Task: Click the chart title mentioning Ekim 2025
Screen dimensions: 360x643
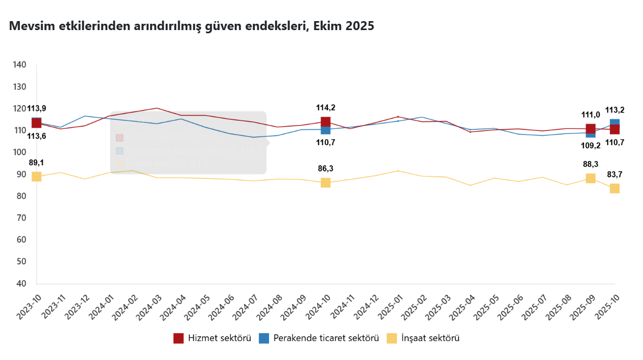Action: tap(191, 26)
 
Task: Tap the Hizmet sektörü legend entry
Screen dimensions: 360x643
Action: tap(212, 338)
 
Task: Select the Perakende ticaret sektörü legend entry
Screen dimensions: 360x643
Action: tap(319, 338)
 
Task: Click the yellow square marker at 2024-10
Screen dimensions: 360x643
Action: tap(325, 183)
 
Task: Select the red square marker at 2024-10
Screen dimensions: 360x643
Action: tap(325, 122)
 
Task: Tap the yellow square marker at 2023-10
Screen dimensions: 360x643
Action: tap(36, 176)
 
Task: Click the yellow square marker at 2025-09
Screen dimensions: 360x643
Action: tap(591, 178)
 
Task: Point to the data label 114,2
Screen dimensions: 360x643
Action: tap(325, 108)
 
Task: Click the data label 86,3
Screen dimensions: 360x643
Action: tap(325, 169)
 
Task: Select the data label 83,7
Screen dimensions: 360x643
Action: tap(615, 174)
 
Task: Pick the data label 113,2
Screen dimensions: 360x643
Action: tap(615, 110)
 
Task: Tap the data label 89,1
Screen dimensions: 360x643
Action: tap(36, 163)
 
